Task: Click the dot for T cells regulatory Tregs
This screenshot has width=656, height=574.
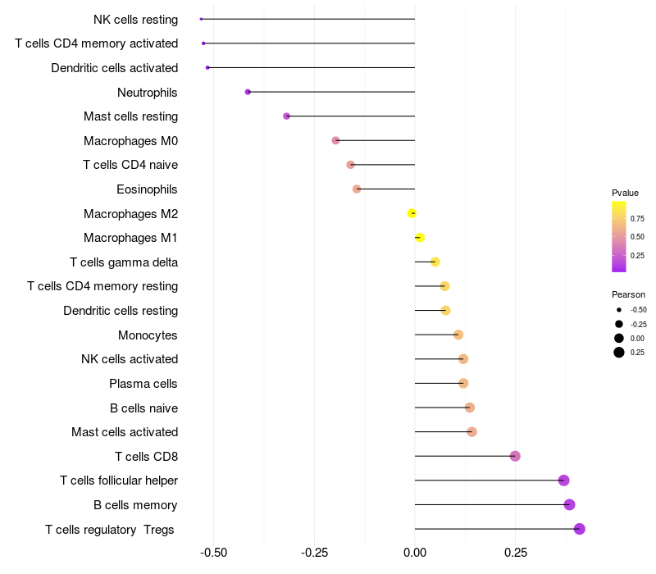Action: point(580,529)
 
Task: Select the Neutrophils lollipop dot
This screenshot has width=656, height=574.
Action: point(248,92)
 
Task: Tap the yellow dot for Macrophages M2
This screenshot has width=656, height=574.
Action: point(412,213)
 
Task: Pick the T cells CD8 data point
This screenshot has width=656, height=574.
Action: point(515,456)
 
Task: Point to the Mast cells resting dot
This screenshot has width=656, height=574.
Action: point(286,116)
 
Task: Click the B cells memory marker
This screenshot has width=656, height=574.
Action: point(570,504)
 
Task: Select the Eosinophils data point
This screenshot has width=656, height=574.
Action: point(357,189)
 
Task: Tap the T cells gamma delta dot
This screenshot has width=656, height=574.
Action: point(435,262)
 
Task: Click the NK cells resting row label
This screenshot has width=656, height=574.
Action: point(135,19)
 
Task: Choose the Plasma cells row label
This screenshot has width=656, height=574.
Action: point(143,383)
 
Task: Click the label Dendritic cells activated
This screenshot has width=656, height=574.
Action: point(114,67)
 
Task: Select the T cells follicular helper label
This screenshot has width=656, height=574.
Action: point(119,481)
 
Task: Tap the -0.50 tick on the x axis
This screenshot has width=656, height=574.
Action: point(214,553)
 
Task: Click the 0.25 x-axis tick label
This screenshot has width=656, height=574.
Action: point(515,553)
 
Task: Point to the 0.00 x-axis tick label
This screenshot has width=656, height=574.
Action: point(415,553)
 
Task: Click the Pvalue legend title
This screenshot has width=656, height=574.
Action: point(625,193)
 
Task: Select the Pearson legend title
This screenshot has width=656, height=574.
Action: point(628,294)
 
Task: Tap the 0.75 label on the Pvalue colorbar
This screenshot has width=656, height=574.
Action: point(637,218)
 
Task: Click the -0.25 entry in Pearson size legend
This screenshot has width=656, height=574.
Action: point(638,324)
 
